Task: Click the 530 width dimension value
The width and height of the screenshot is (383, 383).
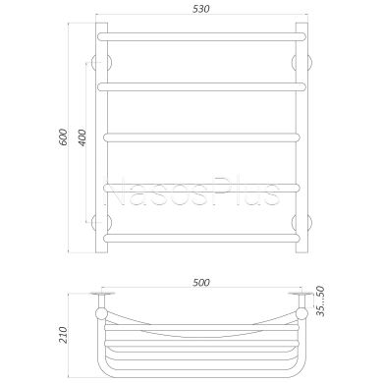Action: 200,9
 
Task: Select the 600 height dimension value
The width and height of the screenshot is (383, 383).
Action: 63,137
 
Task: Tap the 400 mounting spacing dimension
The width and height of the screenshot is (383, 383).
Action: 82,137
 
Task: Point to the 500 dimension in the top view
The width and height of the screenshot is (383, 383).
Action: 201,283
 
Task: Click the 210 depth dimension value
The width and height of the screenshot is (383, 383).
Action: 62,335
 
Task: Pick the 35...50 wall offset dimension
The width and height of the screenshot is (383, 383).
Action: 320,301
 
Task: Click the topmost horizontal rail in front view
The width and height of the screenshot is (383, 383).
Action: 201,36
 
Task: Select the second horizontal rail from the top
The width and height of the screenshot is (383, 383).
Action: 201,86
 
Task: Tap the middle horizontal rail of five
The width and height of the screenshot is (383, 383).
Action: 201,137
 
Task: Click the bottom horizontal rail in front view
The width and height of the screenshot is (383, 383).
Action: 201,238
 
